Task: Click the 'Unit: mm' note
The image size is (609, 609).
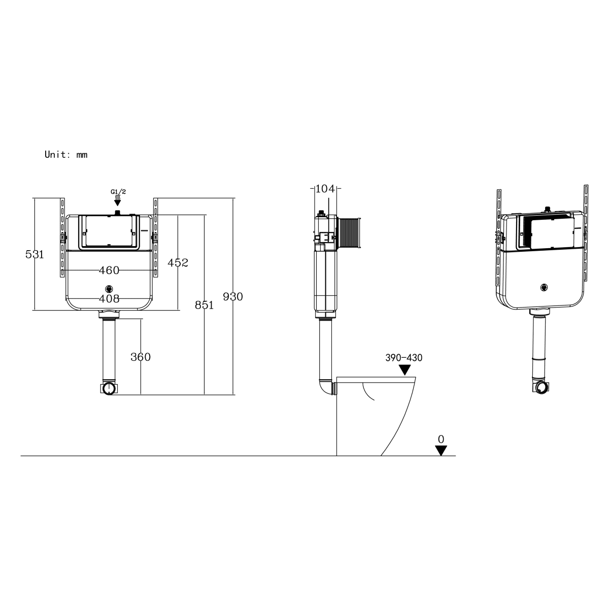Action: (66, 155)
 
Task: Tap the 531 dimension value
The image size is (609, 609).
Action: (35, 254)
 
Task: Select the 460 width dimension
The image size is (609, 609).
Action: (109, 270)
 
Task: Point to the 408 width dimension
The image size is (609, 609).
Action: (109, 298)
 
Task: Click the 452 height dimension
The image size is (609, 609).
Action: (178, 262)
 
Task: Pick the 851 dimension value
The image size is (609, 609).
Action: (204, 305)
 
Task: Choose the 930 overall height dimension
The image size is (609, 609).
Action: (233, 296)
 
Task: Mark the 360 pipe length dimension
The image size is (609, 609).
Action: (141, 357)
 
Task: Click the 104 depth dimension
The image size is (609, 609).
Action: (325, 189)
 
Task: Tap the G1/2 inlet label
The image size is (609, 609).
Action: (118, 191)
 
